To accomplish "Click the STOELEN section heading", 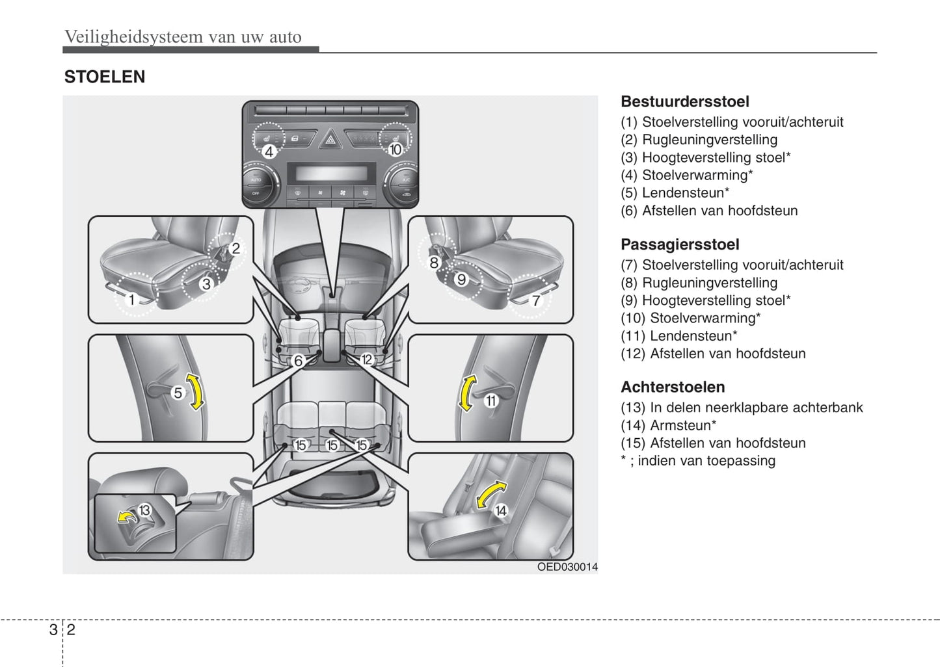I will coord(104,77).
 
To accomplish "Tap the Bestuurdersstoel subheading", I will coord(684,101).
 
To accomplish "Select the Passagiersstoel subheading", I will coord(679,244).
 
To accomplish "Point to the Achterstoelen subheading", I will coord(672,387).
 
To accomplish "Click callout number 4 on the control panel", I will coord(269,151).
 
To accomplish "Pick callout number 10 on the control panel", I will coord(396,150).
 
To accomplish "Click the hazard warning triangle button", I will coord(330,138).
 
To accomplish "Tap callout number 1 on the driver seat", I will coord(131,300).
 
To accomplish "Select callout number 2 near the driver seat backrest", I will coord(235,248).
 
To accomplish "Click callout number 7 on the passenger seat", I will coord(536,300).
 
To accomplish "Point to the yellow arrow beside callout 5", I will coord(195,391).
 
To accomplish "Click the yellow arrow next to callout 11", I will coord(466,393).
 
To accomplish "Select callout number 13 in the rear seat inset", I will coord(144,510).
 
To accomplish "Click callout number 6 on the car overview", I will coord(298,361).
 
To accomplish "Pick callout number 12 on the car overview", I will coord(367,360).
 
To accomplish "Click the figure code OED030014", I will coord(567,567).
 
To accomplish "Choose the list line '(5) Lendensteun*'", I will coord(675,192).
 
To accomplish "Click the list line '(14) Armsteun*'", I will coord(668,425).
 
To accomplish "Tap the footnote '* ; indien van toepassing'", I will coord(697,460).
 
